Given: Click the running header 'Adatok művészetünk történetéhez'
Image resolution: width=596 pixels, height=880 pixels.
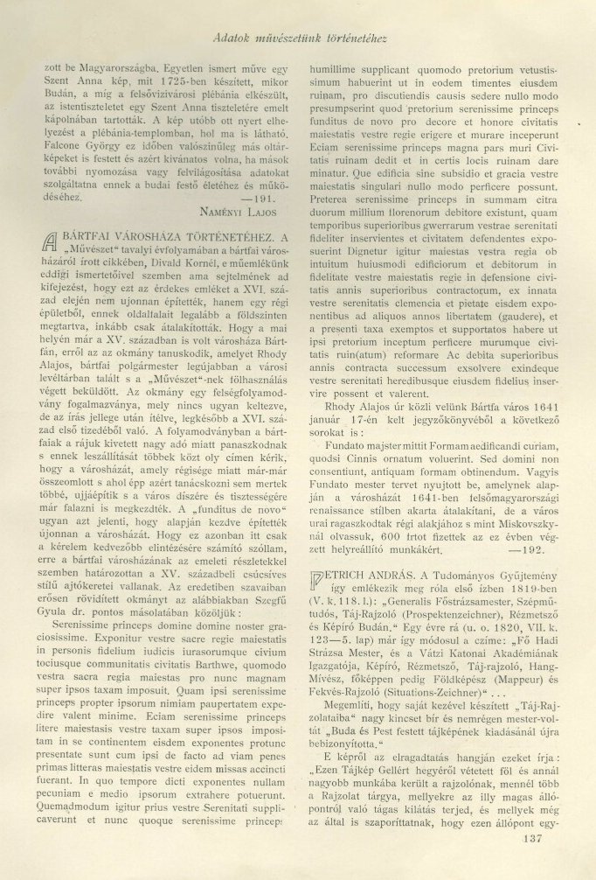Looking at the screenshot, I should [x=300, y=38].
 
